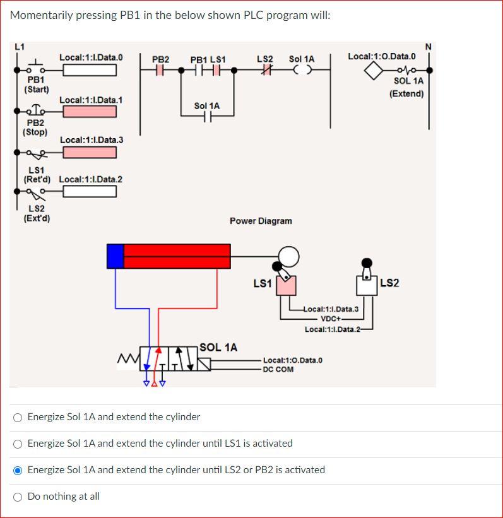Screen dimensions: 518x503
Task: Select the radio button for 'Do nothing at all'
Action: point(18,497)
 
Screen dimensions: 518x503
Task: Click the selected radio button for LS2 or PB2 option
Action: point(18,470)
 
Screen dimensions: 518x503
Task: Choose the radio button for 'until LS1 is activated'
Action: point(18,444)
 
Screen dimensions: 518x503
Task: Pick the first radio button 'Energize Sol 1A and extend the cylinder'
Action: point(18,417)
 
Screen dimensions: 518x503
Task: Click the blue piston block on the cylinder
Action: point(115,256)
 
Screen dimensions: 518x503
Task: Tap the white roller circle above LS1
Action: point(288,256)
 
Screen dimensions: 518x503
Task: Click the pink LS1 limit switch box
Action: point(286,286)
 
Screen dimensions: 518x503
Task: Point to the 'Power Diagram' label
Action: point(261,221)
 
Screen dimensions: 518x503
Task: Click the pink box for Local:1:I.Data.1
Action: point(89,112)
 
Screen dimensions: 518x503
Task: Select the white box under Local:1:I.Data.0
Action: point(89,69)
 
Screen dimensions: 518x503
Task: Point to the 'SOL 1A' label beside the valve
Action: point(218,348)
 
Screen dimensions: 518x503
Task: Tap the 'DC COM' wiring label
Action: point(278,369)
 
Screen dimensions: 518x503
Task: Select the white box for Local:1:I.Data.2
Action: point(89,191)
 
